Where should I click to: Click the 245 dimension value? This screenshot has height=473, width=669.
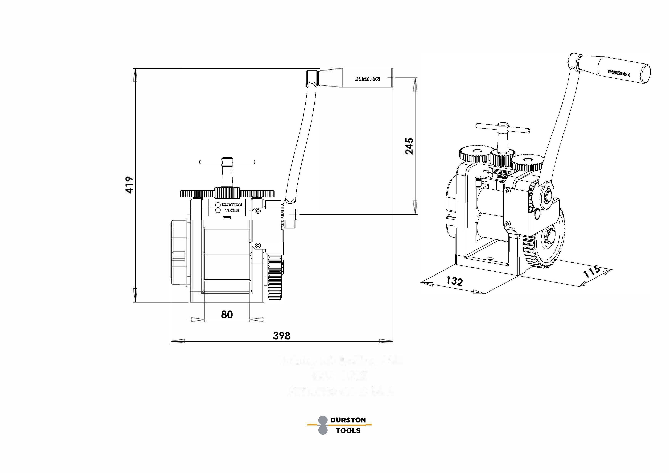click(409, 146)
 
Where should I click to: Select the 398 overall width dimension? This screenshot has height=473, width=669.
click(282, 336)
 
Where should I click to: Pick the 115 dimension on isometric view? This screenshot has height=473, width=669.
click(592, 271)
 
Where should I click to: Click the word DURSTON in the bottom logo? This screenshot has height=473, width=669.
click(348, 420)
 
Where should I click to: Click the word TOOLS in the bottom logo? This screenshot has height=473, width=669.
click(348, 430)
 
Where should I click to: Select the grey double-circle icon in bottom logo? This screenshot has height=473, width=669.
click(323, 425)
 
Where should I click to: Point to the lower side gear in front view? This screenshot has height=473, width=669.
click(275, 278)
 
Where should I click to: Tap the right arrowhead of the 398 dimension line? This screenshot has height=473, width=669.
click(386, 341)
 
